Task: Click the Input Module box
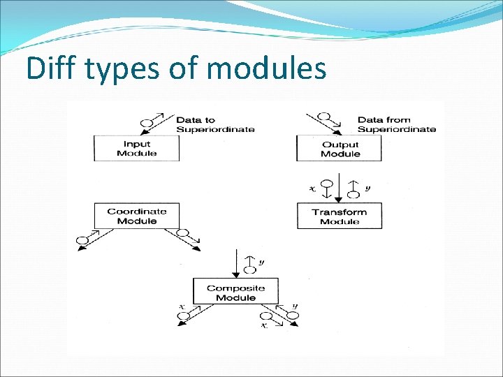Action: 137,149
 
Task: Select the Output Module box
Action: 340,149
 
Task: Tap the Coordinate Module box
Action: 137,216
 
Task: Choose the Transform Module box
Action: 340,216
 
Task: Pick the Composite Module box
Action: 235,293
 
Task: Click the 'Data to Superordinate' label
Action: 214,124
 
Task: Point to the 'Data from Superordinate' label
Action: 396,124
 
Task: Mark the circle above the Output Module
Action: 324,115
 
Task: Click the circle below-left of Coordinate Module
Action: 82,242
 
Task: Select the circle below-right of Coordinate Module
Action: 184,233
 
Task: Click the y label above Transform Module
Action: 368,188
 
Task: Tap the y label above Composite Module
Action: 261,263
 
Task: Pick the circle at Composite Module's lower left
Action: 184,316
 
